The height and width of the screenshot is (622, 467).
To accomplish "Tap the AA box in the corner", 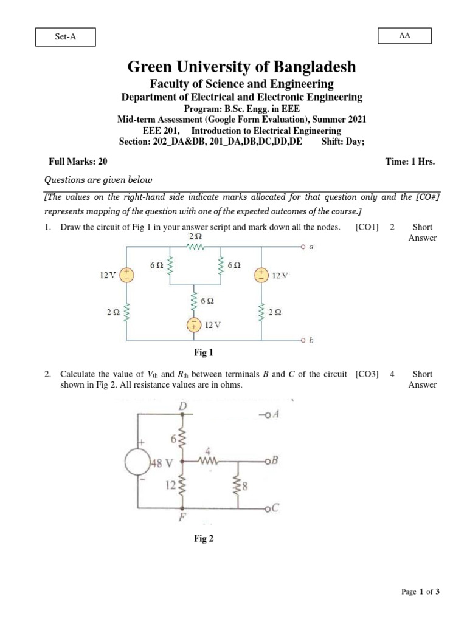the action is pyautogui.click(x=405, y=36).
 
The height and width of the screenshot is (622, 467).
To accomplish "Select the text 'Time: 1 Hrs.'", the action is pyautogui.click(x=410, y=162).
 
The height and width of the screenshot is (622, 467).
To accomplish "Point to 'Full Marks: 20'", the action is pyautogui.click(x=78, y=162).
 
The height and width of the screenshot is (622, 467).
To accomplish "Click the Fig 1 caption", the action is pyautogui.click(x=203, y=352).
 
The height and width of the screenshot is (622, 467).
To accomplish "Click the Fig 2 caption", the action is pyautogui.click(x=203, y=538).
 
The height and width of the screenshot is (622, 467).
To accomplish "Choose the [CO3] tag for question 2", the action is pyautogui.click(x=367, y=374).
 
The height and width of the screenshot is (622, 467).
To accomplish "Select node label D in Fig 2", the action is pyautogui.click(x=182, y=406).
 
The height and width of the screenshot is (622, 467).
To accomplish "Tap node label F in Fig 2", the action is pyautogui.click(x=182, y=517).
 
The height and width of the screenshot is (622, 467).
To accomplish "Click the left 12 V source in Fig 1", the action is pyautogui.click(x=126, y=275).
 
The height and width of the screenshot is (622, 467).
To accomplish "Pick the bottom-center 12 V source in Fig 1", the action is pyautogui.click(x=194, y=326).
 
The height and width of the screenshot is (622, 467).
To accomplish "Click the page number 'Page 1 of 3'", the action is pyautogui.click(x=420, y=592).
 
